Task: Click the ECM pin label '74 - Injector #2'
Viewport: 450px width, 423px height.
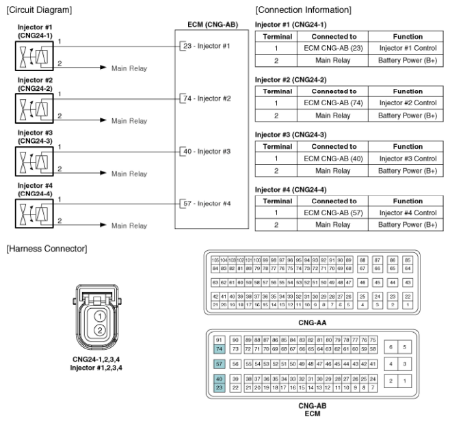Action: [209, 98]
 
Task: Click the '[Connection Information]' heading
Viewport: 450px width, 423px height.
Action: [303, 10]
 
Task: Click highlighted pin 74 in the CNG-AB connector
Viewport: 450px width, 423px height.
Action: [220, 349]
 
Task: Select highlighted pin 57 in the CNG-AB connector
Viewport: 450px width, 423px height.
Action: [220, 365]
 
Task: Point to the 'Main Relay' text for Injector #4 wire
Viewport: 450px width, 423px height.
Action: [129, 226]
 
